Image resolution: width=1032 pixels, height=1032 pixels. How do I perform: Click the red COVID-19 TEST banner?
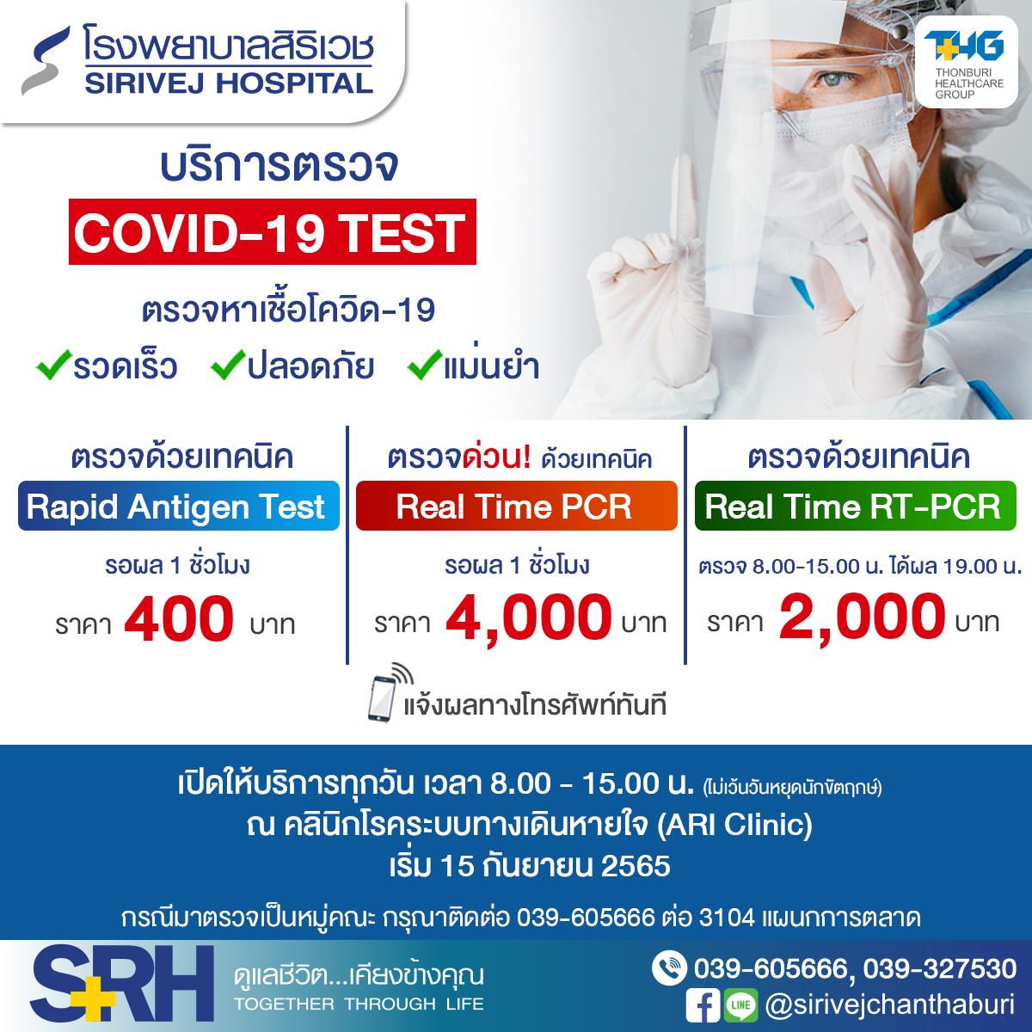(272, 232)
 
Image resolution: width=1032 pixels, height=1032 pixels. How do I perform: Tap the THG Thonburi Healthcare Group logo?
(966, 62)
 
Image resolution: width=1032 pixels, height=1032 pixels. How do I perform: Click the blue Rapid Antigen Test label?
(179, 506)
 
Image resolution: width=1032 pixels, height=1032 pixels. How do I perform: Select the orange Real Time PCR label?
(516, 506)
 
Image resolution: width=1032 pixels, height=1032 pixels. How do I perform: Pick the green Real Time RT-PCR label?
(855, 506)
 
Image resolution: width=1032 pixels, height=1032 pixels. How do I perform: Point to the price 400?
(179, 618)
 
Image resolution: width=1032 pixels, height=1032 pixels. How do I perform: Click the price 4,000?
(529, 618)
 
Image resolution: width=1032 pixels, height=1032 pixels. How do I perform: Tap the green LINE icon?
(740, 1005)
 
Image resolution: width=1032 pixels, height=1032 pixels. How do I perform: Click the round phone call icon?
(669, 968)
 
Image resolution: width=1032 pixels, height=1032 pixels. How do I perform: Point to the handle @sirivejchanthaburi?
(890, 1005)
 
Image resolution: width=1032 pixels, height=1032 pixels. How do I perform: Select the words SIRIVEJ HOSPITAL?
(229, 83)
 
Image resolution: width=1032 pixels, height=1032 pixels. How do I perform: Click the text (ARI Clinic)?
(734, 825)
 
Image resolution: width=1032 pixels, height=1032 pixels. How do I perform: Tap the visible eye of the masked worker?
(835, 80)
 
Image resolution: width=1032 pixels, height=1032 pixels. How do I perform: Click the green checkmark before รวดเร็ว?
(53, 365)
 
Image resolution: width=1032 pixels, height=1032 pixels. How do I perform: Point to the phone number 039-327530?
(940, 969)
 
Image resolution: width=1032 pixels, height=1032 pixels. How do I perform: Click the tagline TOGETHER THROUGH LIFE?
(359, 1004)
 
